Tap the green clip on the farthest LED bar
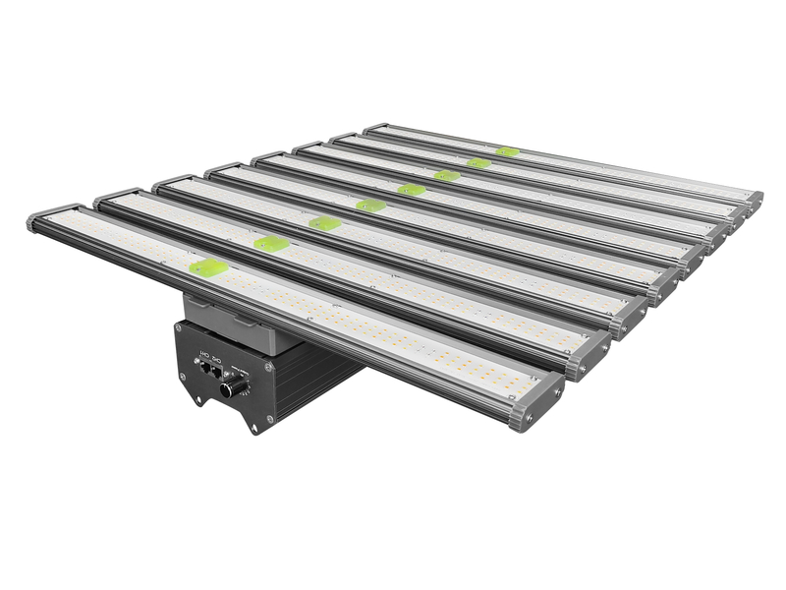tap(507, 151)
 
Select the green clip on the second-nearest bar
tap(270, 243)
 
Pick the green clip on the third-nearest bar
tap(324, 223)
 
